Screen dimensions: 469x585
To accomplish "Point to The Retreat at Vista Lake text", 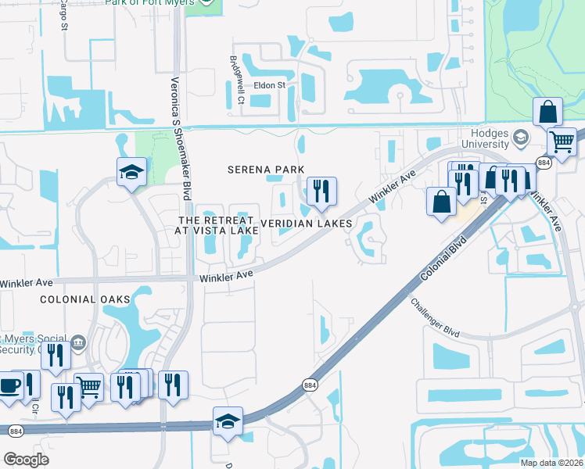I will (218, 226).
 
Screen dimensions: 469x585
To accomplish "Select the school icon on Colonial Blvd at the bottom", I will (228, 421).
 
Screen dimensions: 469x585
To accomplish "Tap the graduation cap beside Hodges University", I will (519, 138).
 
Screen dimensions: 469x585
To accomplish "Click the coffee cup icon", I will (9, 385).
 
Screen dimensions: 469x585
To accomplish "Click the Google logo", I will (25, 460).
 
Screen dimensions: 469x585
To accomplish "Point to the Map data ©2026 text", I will (551, 463).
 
